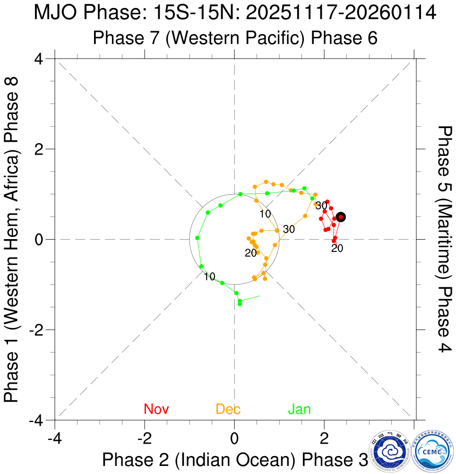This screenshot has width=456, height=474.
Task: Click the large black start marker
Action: pos(341,217)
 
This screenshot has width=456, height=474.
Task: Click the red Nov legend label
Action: pos(156,409)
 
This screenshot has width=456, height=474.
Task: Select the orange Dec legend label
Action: pos(228,409)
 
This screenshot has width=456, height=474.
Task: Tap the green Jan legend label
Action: pos(300,409)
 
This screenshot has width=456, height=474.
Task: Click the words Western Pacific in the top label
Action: pos(234,38)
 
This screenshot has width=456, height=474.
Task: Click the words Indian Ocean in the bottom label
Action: pos(234,460)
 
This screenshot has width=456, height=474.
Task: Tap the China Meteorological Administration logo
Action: pos(390,451)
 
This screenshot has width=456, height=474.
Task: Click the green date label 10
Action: pos(210,276)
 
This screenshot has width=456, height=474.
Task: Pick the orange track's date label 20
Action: pos(250,253)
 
